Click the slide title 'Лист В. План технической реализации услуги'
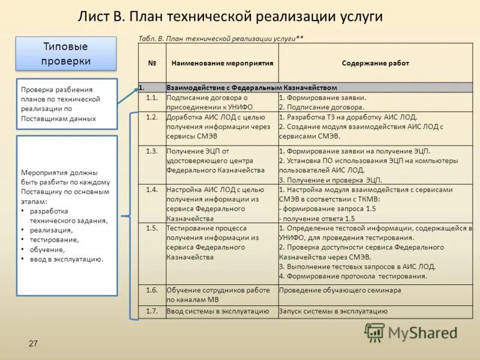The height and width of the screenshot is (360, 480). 230,16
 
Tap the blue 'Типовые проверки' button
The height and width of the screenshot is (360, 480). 66,53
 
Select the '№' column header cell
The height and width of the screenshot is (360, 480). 152,63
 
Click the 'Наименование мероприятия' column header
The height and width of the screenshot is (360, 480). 222,63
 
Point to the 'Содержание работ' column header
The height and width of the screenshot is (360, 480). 375,63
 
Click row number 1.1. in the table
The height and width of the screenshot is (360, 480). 152,97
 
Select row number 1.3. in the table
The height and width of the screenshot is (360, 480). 152,151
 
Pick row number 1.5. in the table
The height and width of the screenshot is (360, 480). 152,228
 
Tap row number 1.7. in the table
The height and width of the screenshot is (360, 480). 152,311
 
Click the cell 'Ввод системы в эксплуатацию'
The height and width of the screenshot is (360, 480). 218,311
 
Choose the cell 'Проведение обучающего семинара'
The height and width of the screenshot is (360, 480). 340,290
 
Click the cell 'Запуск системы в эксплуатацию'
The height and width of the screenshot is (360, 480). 333,311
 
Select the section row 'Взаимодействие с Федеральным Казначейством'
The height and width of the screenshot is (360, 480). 251,87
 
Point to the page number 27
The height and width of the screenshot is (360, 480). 33,343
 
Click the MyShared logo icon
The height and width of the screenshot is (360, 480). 375,332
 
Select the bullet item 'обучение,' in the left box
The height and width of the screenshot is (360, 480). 47,249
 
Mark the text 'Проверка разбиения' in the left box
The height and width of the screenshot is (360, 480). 57,89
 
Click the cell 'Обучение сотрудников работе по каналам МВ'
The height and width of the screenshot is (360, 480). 218,294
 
